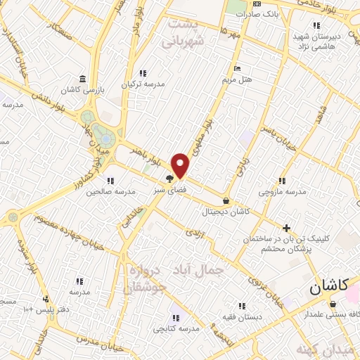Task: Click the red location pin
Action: click(x=181, y=165)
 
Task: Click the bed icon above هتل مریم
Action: click(x=236, y=68)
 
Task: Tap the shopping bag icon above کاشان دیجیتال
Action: click(x=225, y=200)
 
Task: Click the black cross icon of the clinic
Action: click(x=286, y=228)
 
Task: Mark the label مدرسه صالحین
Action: click(x=115, y=191)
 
